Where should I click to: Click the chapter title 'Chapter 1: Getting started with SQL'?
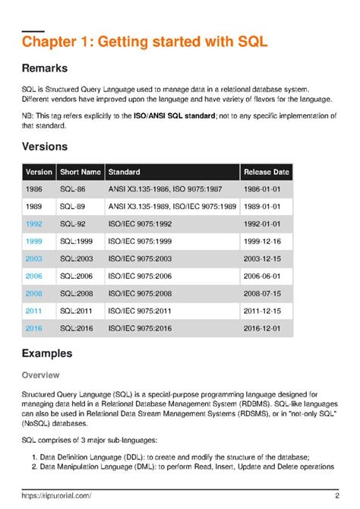pos(144,41)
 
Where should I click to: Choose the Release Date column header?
pos(266,172)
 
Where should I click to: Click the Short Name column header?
pos(81,172)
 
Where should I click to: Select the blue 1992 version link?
pos(34,224)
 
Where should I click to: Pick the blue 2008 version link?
pos(34,293)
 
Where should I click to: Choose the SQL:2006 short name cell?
pos(80,276)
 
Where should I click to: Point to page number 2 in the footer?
pos(336,495)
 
